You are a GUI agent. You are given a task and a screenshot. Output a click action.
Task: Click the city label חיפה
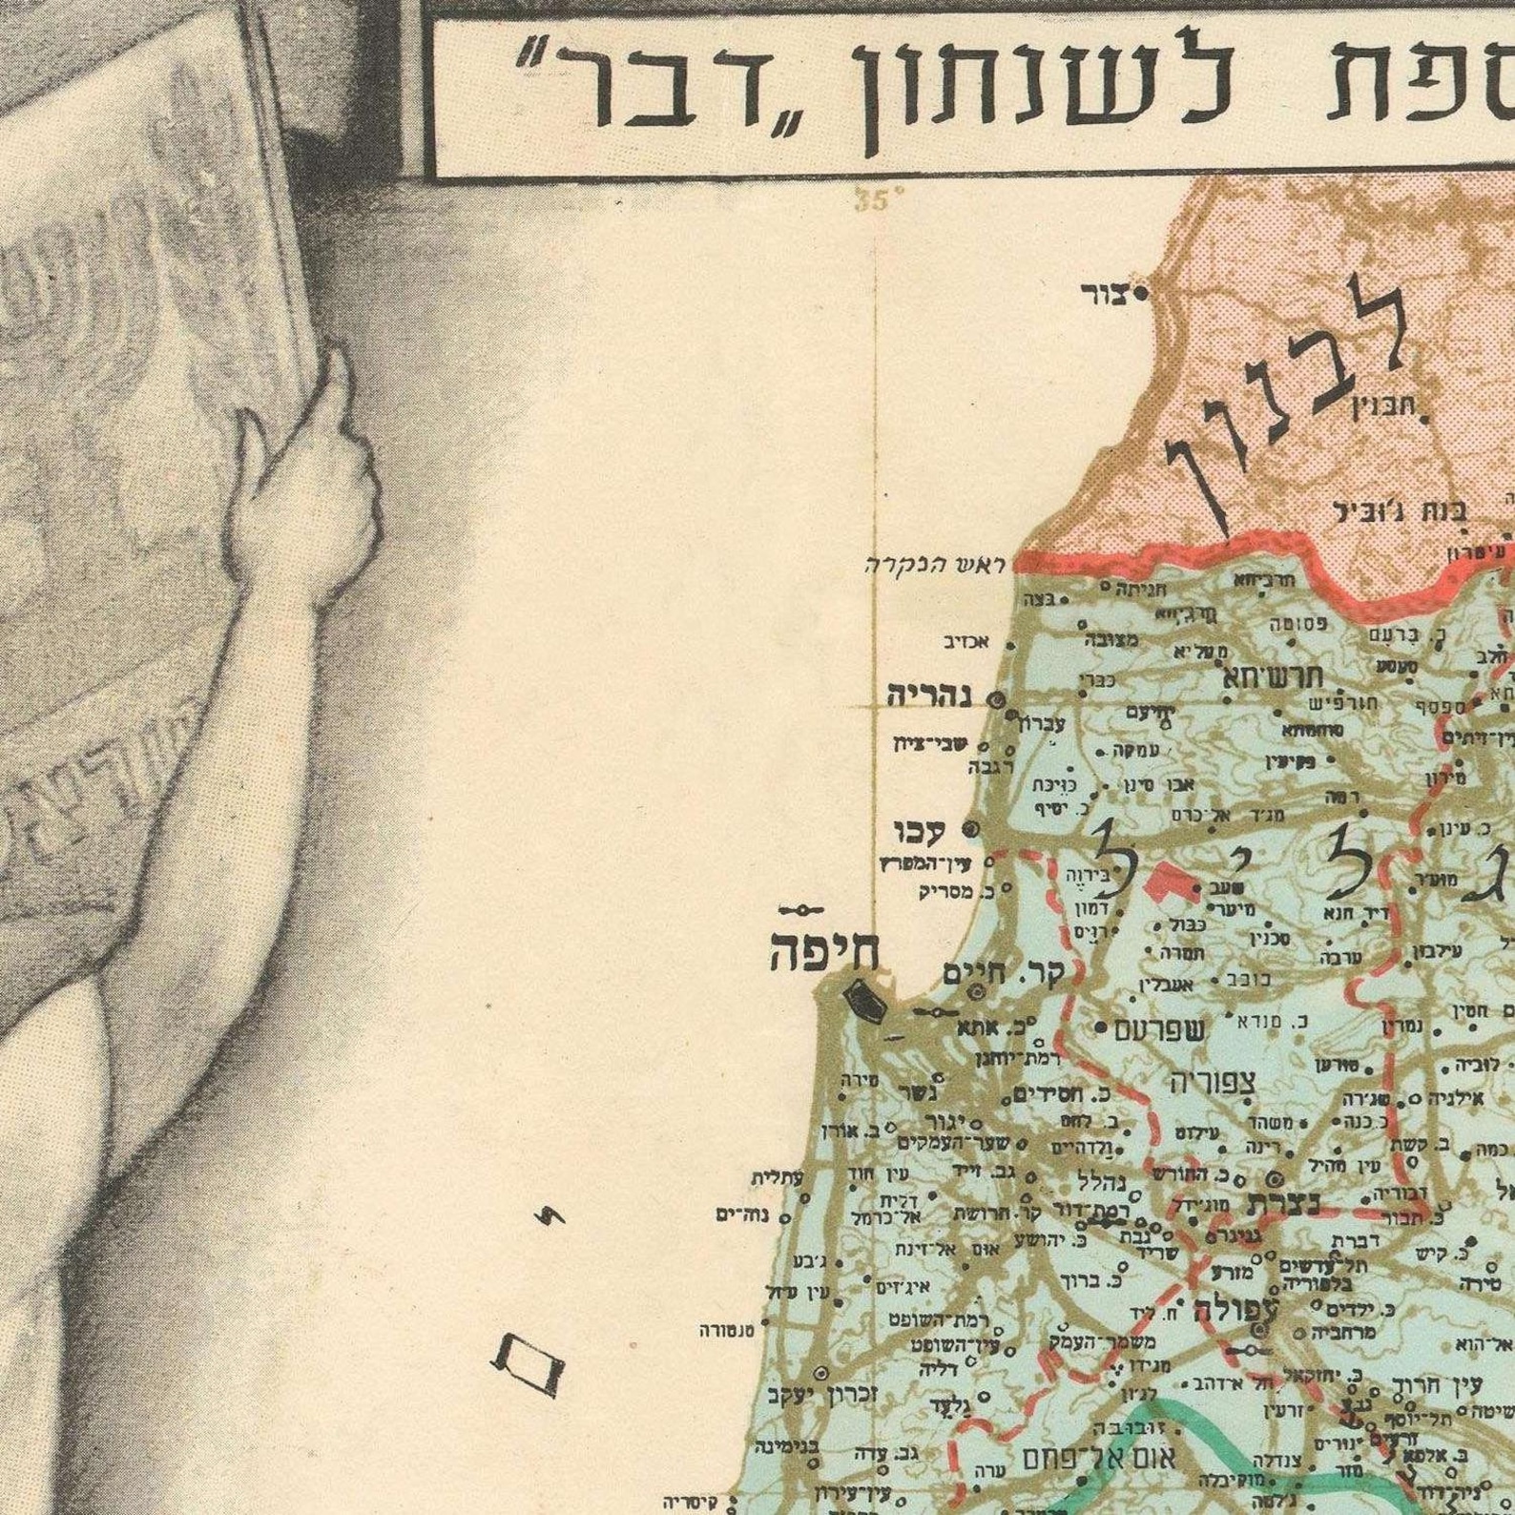click(x=824, y=955)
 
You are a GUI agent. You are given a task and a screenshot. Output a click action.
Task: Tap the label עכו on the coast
click(x=919, y=833)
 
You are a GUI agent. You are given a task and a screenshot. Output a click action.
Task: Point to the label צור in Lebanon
click(x=1103, y=293)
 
